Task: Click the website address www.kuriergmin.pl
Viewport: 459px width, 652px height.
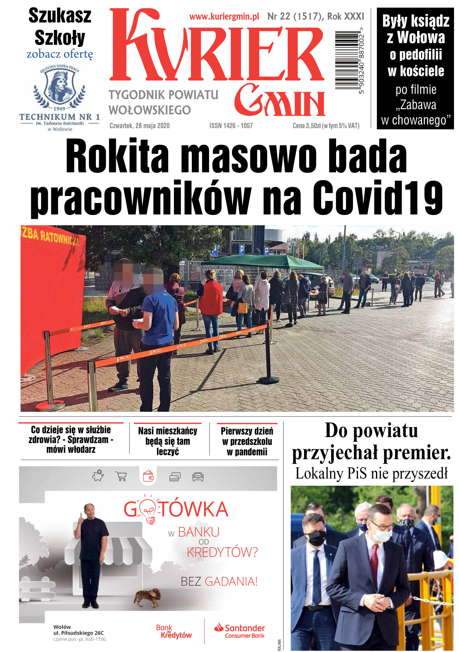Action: point(224,17)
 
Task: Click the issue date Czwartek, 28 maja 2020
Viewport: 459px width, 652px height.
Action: point(139,126)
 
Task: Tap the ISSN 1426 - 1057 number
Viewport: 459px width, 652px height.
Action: point(231,126)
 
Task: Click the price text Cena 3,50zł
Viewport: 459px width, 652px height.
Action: point(306,126)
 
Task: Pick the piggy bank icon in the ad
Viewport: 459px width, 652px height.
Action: point(98,475)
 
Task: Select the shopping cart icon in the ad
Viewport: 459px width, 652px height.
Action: point(121,476)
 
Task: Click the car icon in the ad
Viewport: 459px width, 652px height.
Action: point(198,477)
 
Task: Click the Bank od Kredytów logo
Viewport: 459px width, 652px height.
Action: point(174,631)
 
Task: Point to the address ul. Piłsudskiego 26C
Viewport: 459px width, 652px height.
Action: point(78,633)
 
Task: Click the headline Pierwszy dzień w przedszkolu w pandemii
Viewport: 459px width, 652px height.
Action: point(247,441)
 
